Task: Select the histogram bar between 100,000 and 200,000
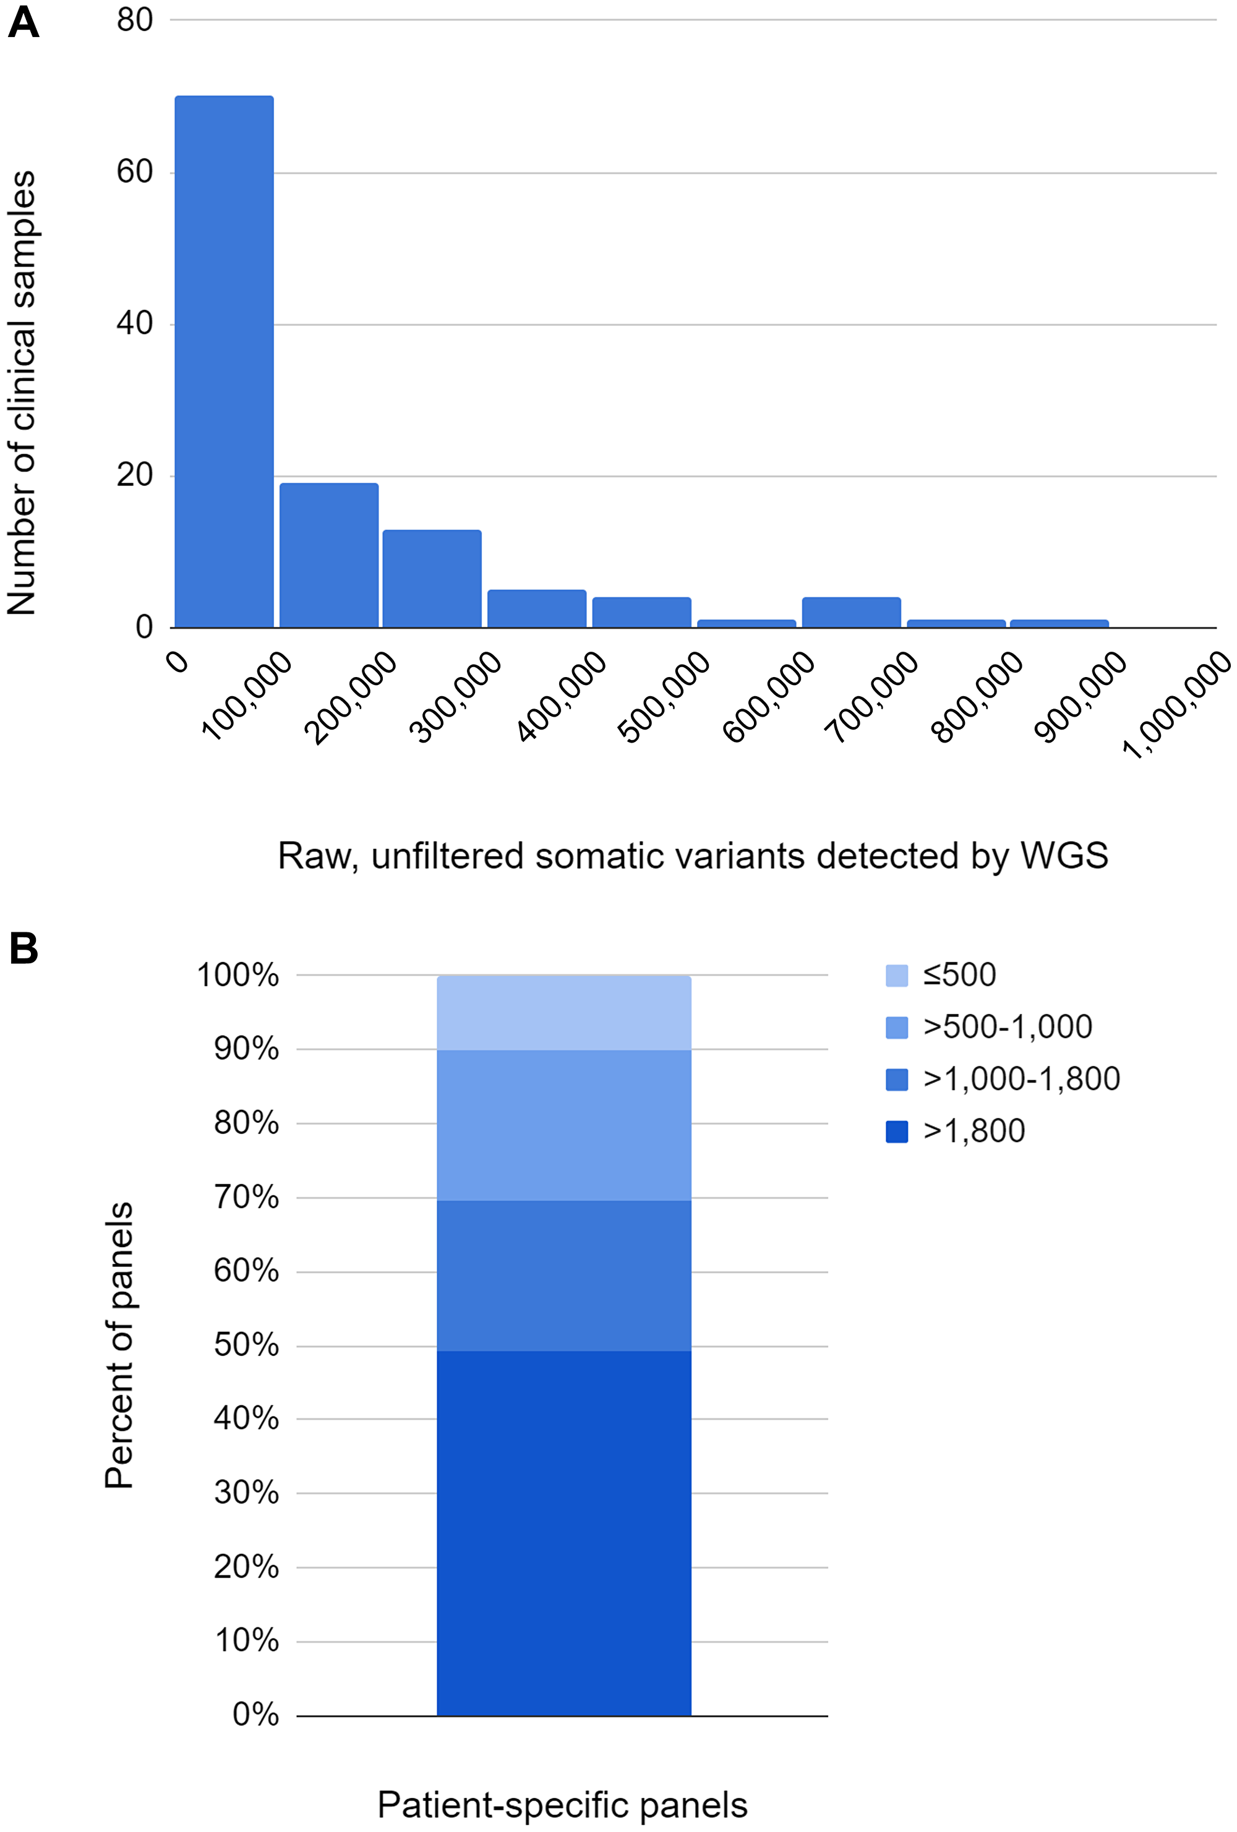329,555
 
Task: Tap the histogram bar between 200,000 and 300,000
432,579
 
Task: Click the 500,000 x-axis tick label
665,697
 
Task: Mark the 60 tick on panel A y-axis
135,172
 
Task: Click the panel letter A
23,23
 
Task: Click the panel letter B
23,948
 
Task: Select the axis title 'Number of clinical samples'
22,393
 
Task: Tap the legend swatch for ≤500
896,975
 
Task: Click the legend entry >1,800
974,1130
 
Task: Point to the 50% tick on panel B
246,1345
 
